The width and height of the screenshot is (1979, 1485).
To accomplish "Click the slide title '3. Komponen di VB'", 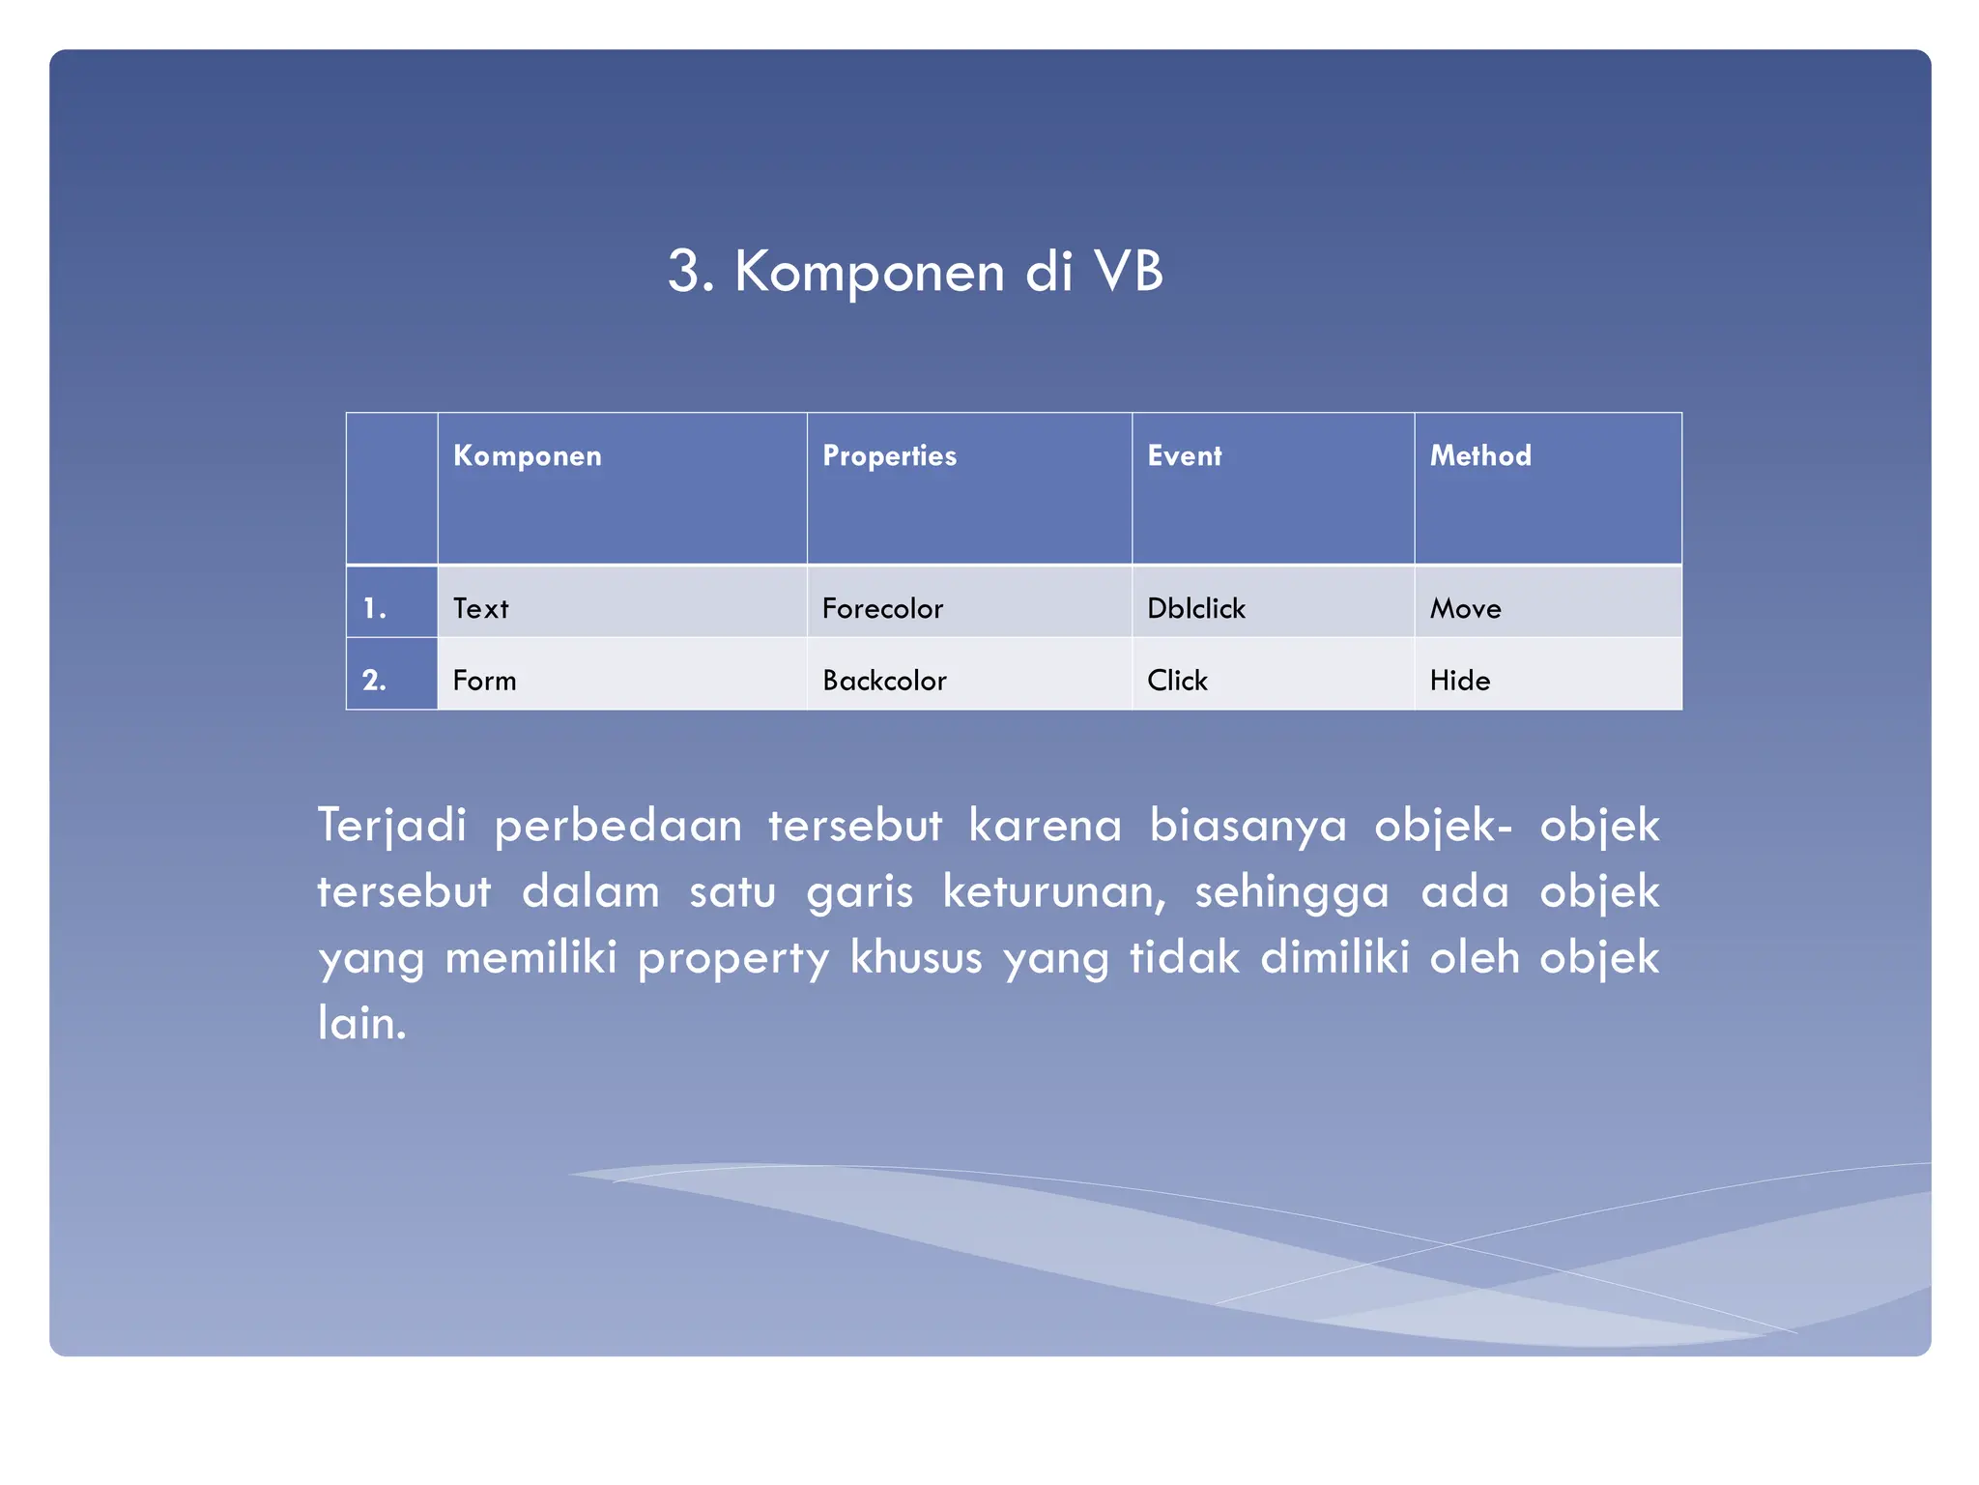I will click(x=915, y=271).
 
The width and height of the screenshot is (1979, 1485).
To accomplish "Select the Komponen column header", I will click(x=527, y=455).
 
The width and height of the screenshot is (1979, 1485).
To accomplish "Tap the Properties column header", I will click(x=889, y=455).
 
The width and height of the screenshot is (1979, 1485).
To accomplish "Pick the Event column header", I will click(x=1184, y=455).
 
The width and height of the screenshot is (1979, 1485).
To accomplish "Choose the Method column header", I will click(x=1480, y=455).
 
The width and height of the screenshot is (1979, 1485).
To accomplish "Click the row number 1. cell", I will click(x=375, y=608).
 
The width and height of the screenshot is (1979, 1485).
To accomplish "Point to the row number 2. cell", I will click(x=375, y=681).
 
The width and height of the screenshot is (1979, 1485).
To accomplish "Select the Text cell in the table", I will click(x=480, y=608).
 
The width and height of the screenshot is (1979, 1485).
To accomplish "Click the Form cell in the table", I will click(x=484, y=681).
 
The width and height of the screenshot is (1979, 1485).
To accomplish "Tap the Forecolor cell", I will click(x=882, y=608).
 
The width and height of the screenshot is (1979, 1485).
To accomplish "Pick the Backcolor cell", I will click(x=884, y=681).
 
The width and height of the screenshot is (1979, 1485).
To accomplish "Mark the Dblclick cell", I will click(x=1196, y=608).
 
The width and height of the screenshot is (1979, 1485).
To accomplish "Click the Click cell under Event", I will click(x=1177, y=681).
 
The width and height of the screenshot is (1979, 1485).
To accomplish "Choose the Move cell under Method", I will click(x=1465, y=608).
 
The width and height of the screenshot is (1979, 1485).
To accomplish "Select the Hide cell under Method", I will click(x=1459, y=681).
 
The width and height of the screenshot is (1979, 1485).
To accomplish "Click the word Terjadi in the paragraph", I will click(x=392, y=826).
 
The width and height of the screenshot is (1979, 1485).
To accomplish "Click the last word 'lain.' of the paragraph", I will click(x=362, y=1023).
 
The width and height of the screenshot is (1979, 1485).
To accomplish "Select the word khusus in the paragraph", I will click(x=915, y=957).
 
